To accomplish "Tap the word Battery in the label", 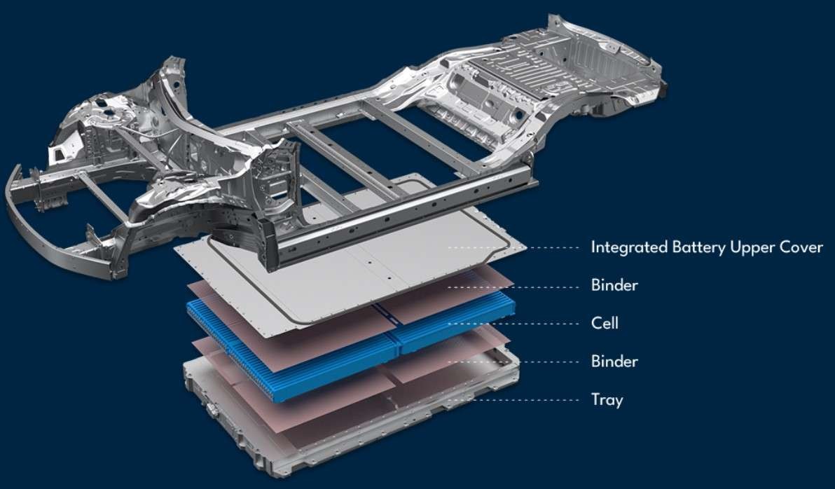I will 693,247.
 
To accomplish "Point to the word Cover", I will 800,247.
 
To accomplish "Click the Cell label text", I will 605,324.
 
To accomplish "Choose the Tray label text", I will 607,401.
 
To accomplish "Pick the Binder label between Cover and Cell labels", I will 614,286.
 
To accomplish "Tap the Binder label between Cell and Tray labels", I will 614,362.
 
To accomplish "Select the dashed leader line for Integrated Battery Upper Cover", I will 518,247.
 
